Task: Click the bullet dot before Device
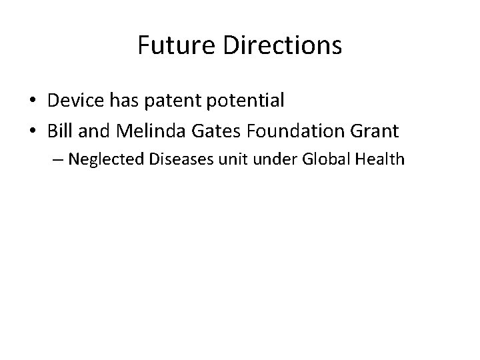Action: tap(32, 101)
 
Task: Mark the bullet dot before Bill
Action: tap(32, 131)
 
